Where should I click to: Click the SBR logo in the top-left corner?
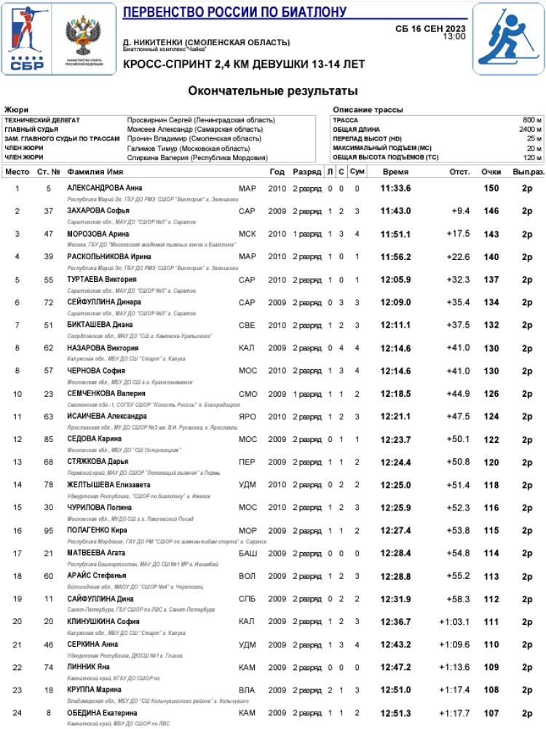pyautogui.click(x=28, y=39)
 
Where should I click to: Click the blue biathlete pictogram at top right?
pyautogui.click(x=507, y=39)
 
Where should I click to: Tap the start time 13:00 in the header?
pyautogui.click(x=454, y=36)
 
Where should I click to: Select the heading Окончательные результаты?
pyautogui.click(x=273, y=91)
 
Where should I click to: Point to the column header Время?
pyautogui.click(x=395, y=172)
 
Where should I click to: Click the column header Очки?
pyautogui.click(x=491, y=172)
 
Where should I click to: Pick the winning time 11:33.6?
pyautogui.click(x=395, y=189)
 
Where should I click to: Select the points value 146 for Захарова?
pyautogui.click(x=491, y=211)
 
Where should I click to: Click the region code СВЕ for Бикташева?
pyautogui.click(x=248, y=325)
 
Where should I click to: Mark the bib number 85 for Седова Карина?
pyautogui.click(x=49, y=439)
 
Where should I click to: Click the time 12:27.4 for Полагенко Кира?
pyautogui.click(x=395, y=531)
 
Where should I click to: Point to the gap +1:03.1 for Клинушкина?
pyautogui.click(x=454, y=621)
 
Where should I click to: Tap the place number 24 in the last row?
pyautogui.click(x=18, y=713)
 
